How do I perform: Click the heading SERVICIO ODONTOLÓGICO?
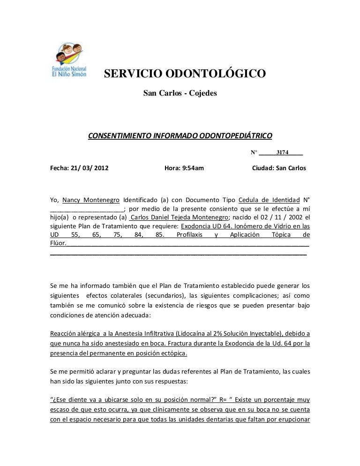[185, 75]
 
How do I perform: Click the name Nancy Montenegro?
[91, 199]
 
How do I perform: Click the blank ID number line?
[87, 209]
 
